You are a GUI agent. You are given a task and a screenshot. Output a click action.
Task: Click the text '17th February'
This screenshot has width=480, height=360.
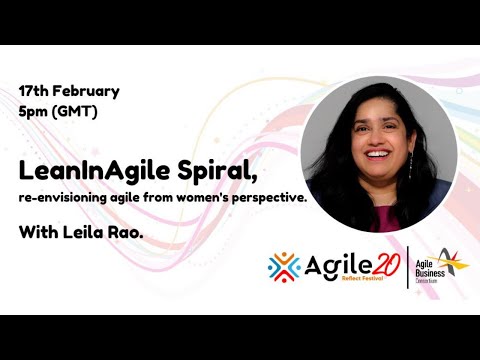69,91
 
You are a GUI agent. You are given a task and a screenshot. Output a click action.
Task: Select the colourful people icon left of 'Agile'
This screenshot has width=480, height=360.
284,267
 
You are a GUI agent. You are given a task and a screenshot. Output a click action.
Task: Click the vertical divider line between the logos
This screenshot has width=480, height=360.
408,267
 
